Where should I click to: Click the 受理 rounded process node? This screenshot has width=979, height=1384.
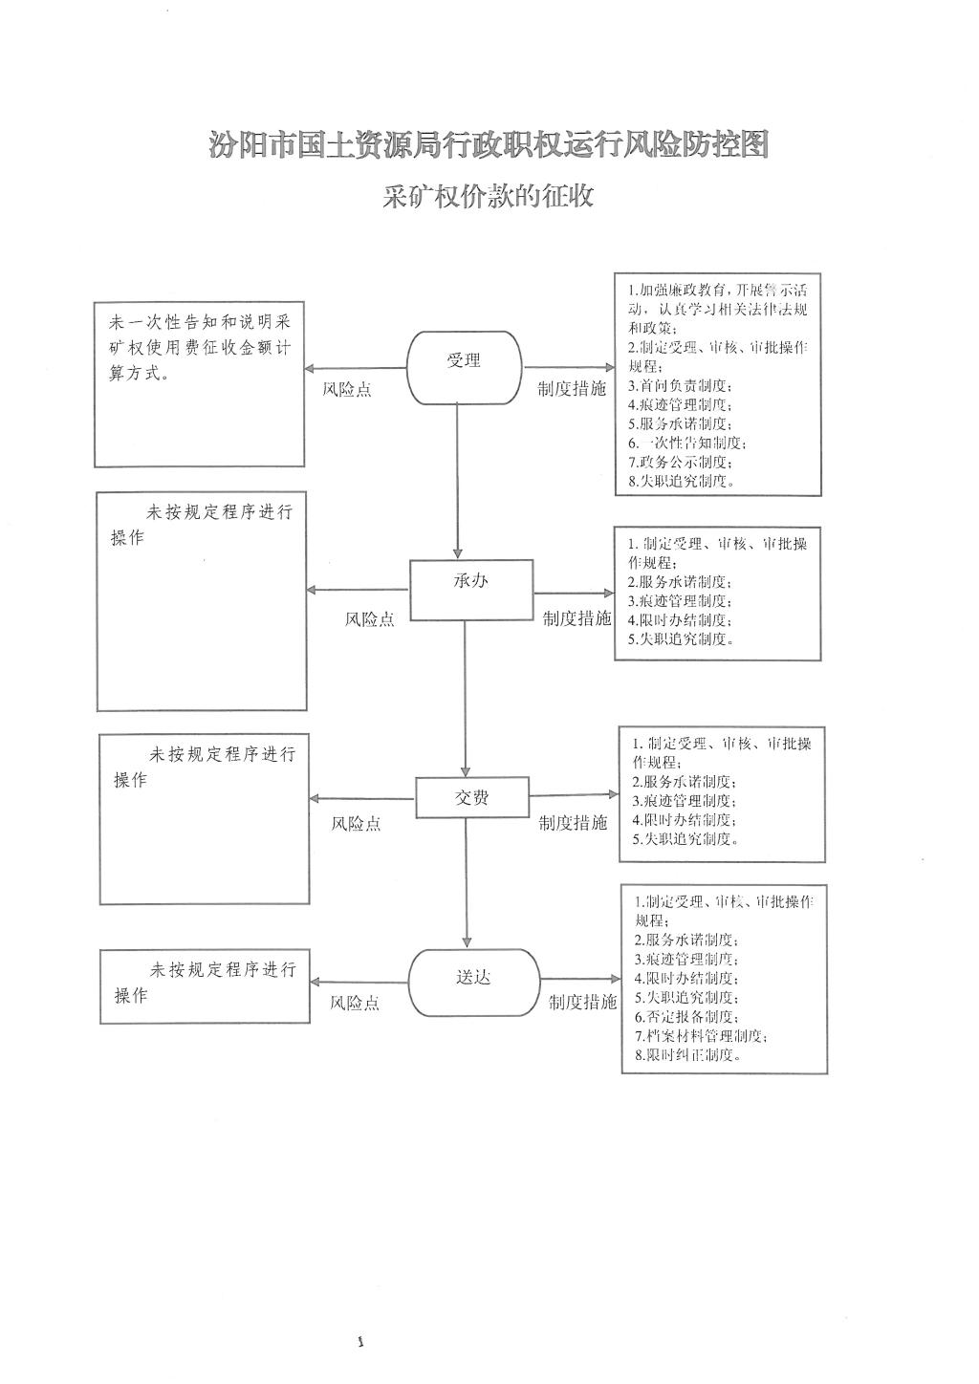click(465, 367)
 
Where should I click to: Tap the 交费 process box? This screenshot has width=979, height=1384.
click(472, 797)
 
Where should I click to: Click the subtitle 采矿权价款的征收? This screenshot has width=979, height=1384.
click(489, 196)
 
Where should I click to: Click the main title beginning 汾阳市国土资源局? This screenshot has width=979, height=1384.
click(489, 145)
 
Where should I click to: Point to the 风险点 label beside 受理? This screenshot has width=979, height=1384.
click(347, 390)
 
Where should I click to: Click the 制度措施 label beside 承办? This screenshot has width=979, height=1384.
click(577, 618)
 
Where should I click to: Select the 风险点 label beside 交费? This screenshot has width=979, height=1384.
click(356, 824)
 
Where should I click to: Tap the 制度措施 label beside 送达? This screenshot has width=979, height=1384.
click(582, 1003)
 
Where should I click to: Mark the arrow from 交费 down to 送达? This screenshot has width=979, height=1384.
click(468, 884)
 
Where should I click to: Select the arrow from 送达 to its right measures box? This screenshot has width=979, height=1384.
click(580, 979)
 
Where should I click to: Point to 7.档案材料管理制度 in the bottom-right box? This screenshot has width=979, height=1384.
click(701, 1036)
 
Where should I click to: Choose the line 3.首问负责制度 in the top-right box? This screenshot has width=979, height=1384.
click(680, 386)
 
